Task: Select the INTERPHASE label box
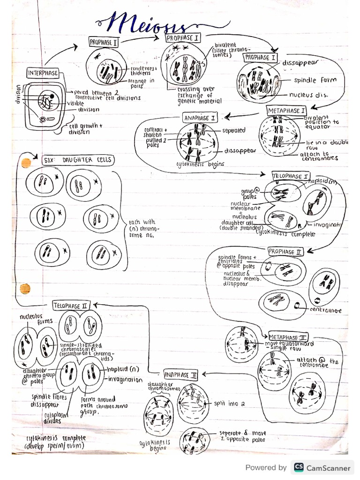[x=43, y=73]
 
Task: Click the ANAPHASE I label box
[x=200, y=119]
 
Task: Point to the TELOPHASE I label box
[x=291, y=176]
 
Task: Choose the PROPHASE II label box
[x=285, y=252]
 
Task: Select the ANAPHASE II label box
[x=181, y=375]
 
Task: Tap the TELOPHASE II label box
[x=70, y=306]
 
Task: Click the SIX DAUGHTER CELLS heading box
[x=78, y=160]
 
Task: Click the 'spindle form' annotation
[x=315, y=80]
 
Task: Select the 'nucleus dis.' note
[x=308, y=95]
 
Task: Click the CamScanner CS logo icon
[x=298, y=467]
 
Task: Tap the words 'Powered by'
[x=266, y=467]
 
